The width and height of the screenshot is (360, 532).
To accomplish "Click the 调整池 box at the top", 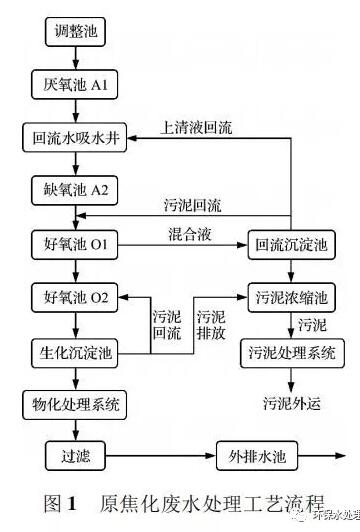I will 75,32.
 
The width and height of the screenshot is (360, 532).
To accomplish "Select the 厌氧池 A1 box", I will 75,85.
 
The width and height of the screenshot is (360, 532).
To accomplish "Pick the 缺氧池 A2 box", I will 75,190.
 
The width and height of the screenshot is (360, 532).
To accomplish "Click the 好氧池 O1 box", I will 75,243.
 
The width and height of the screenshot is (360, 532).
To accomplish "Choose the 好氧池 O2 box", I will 75,297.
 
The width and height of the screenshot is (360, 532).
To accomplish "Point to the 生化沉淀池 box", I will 75,351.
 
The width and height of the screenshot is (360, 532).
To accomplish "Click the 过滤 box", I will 75,457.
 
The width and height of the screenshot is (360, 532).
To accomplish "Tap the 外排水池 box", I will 252,457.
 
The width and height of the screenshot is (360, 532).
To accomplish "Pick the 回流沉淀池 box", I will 291,243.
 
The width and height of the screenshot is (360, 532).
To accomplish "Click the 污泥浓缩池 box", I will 291,297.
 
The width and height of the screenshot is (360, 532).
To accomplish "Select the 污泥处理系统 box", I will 291,351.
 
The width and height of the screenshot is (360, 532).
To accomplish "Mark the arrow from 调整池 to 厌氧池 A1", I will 75,59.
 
